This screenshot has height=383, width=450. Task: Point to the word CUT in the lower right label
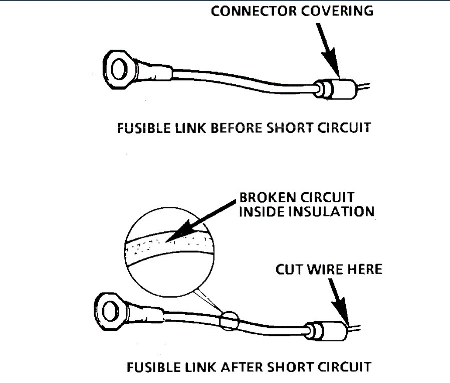coord(290,270)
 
